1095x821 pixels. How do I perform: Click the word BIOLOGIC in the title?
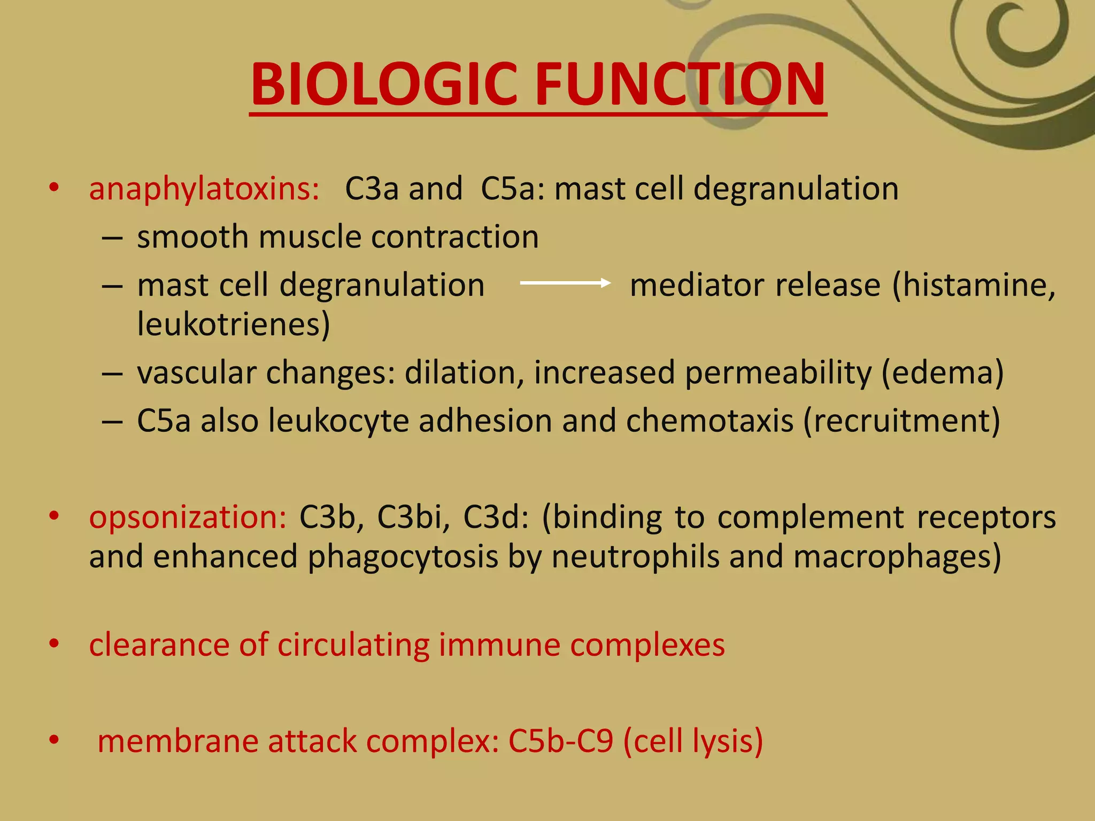[383, 84]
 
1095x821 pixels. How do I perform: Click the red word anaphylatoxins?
[204, 189]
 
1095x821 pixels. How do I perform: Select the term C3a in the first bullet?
[372, 189]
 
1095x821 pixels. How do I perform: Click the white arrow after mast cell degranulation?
[565, 283]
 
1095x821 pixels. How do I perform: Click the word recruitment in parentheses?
[902, 421]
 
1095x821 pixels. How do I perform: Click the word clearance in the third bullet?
[159, 645]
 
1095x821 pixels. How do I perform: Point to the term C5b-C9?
[560, 741]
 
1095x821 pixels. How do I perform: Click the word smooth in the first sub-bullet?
[192, 237]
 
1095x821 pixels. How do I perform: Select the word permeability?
[778, 373]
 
